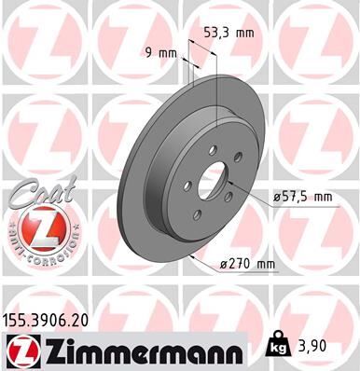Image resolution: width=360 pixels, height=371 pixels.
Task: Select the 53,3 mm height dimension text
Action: [228, 32]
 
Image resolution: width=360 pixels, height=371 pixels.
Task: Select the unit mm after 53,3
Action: [244, 32]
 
